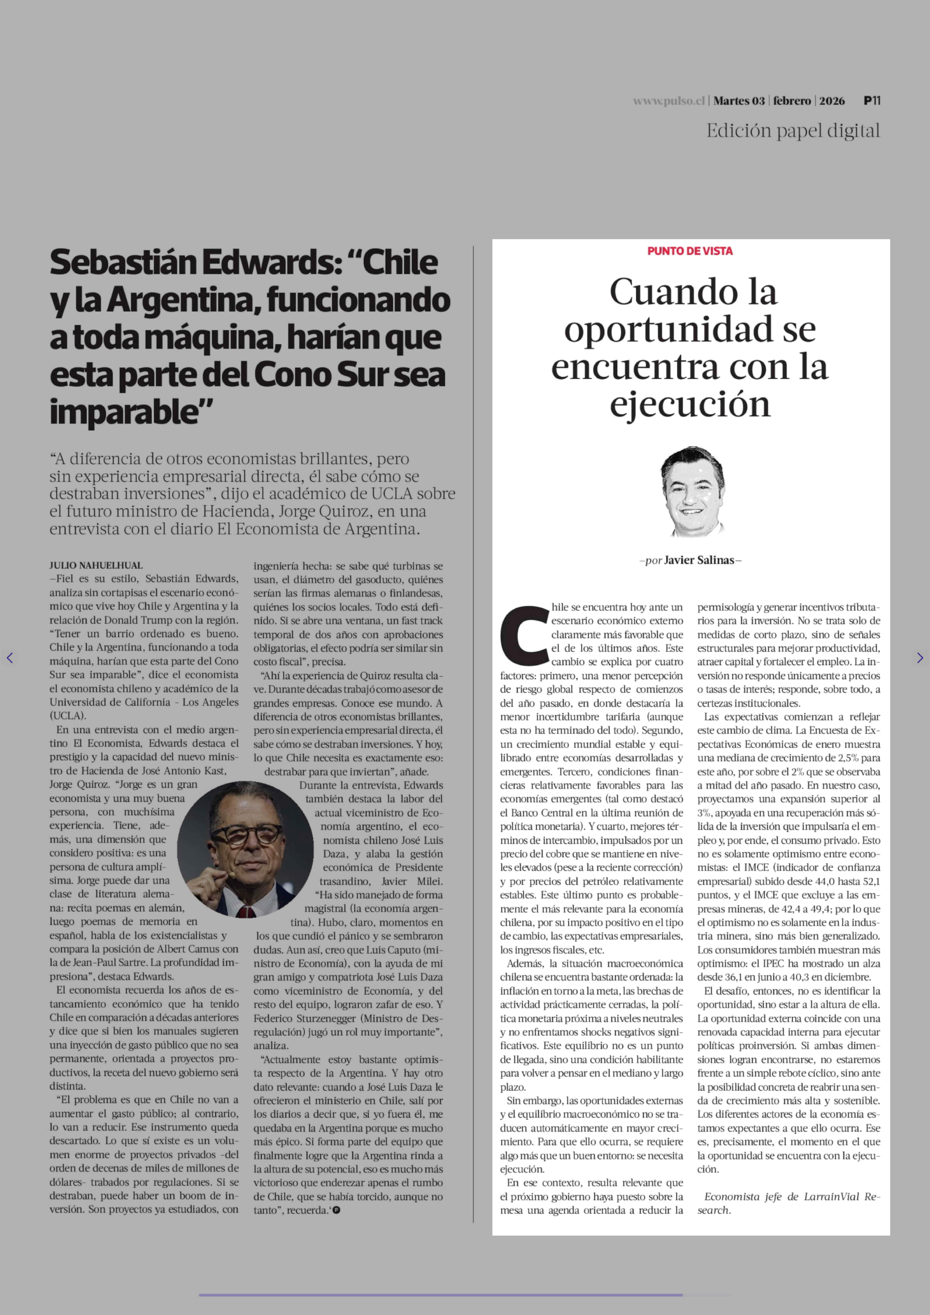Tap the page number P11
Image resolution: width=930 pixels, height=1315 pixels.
tap(872, 101)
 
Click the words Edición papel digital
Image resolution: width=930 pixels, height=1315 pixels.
tap(793, 131)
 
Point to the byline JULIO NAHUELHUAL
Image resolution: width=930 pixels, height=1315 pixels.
tap(96, 565)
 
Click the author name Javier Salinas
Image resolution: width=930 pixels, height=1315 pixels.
tap(699, 560)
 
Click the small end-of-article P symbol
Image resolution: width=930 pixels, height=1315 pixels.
tap(336, 1210)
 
